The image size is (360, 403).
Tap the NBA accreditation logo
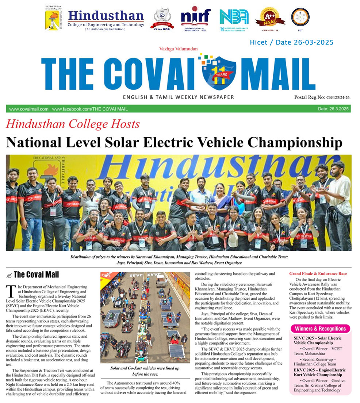[234, 18]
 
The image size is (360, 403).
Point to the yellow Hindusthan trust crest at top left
[53, 18]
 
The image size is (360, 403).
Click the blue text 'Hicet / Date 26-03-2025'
[291, 43]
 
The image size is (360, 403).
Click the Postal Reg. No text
[322, 97]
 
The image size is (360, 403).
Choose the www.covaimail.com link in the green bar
[29, 109]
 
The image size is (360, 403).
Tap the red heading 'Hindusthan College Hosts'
[73, 124]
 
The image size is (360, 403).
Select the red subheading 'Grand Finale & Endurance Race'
[318, 273]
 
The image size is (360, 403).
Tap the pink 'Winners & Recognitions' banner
[320, 329]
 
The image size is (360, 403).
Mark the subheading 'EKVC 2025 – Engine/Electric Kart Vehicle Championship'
[320, 372]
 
